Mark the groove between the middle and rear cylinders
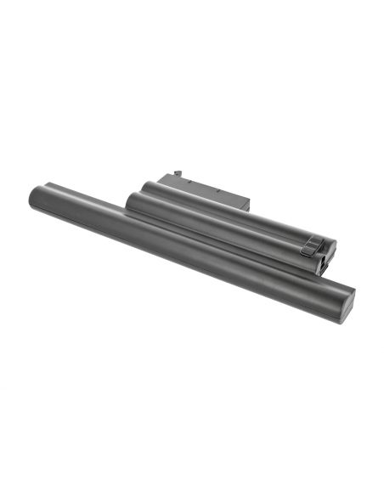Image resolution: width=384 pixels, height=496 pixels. [x=221, y=212]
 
